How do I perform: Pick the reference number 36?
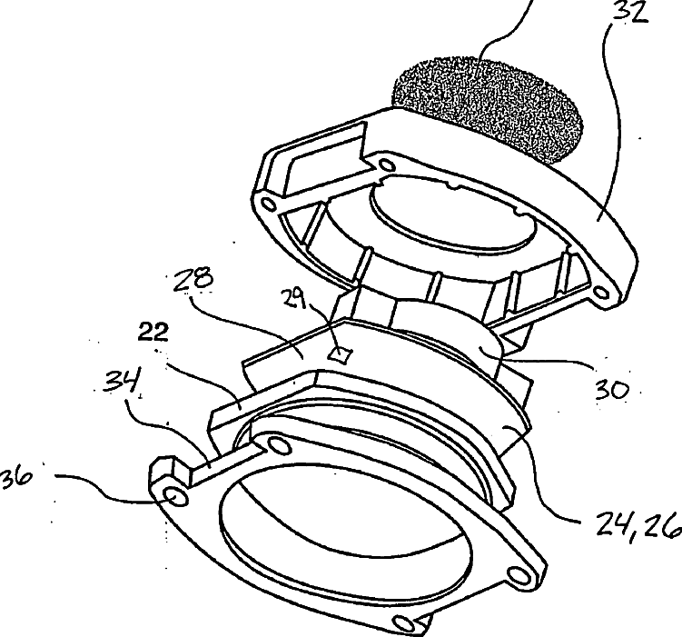click(16, 476)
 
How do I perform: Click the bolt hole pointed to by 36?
click(176, 497)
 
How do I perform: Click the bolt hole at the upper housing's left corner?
click(268, 204)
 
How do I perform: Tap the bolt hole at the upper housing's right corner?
click(600, 293)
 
